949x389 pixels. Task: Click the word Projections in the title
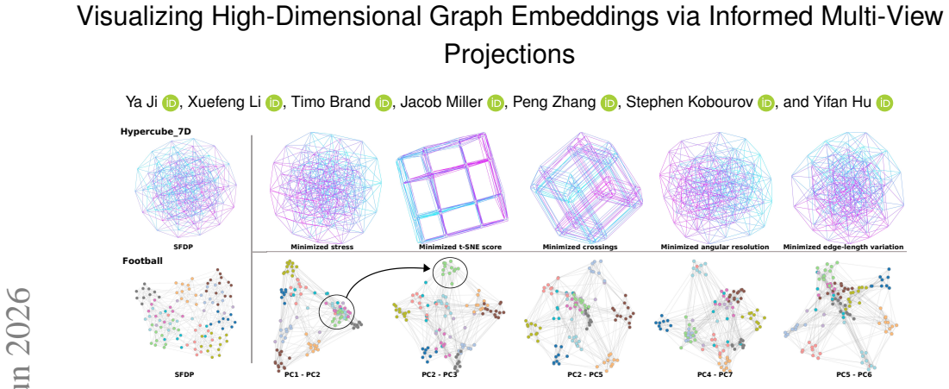click(509, 54)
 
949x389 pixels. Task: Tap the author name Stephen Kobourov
click(690, 103)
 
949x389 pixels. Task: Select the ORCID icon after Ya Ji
click(170, 103)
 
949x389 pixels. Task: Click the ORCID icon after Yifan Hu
click(884, 103)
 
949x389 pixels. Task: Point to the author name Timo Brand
click(332, 103)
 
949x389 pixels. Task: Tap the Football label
click(140, 261)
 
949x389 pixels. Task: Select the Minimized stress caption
click(322, 248)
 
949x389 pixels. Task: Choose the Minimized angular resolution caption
click(715, 248)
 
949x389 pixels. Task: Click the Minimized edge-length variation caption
click(843, 248)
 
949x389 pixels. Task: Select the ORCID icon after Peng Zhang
click(609, 103)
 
